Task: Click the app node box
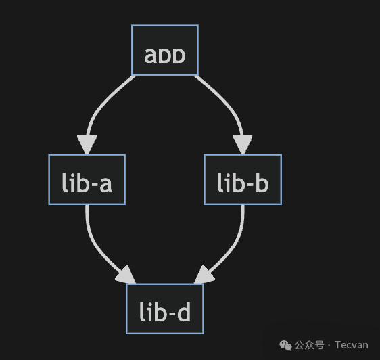point(164,50)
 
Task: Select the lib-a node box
point(86,179)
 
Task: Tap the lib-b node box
point(243,179)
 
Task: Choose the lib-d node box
point(165,309)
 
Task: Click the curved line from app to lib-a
point(101,102)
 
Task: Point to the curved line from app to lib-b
point(227,102)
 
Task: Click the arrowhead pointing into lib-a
point(87,145)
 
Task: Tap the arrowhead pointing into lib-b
point(243,145)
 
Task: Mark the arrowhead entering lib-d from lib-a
point(126,276)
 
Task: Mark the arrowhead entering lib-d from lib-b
point(204,276)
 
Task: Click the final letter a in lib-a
point(105,183)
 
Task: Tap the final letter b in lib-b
point(262,181)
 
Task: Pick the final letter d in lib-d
point(183,311)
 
